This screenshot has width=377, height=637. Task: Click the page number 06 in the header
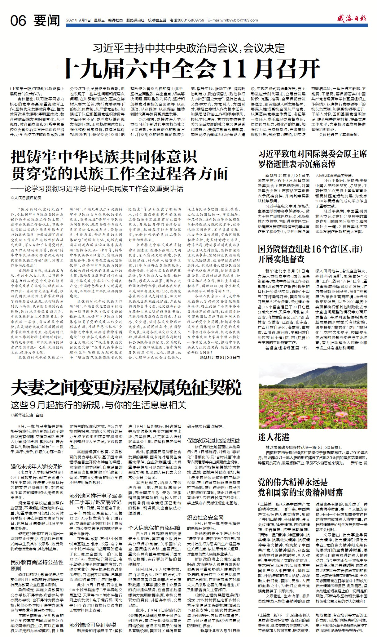click(18, 20)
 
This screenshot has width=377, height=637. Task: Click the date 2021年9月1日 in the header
click(78, 20)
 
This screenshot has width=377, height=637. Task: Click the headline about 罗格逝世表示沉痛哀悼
click(312, 158)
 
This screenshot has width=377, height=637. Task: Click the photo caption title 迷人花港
click(274, 437)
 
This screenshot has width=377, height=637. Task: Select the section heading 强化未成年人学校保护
click(37, 466)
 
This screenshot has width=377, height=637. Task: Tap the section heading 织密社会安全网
click(205, 517)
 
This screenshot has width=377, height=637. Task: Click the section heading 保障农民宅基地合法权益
click(213, 440)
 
